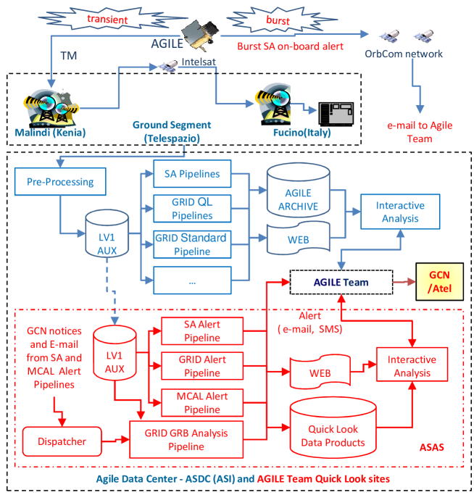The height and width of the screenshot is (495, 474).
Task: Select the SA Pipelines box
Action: coord(192,175)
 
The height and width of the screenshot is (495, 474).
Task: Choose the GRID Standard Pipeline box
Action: coord(192,244)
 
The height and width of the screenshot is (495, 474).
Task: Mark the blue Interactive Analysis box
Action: coord(400,212)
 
